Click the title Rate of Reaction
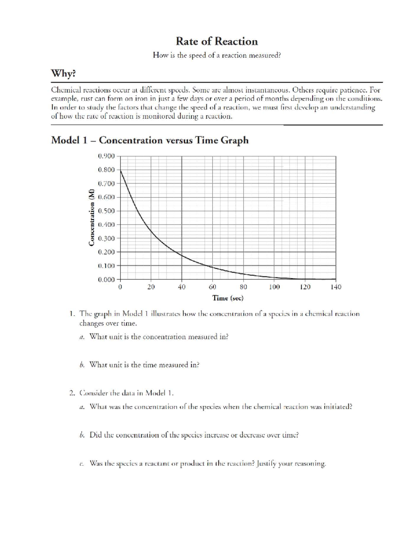coord(217,42)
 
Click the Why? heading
coord(63,73)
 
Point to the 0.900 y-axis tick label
coord(106,156)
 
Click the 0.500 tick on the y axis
coord(106,211)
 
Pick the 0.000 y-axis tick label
coord(106,279)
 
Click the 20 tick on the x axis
coord(151,287)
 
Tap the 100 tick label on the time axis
coord(274,287)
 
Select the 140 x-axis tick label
coord(336,287)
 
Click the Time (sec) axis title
coord(228,298)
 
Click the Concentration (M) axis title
coord(91,217)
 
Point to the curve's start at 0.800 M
coord(121,170)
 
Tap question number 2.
coord(71,393)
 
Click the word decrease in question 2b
coord(254,435)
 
